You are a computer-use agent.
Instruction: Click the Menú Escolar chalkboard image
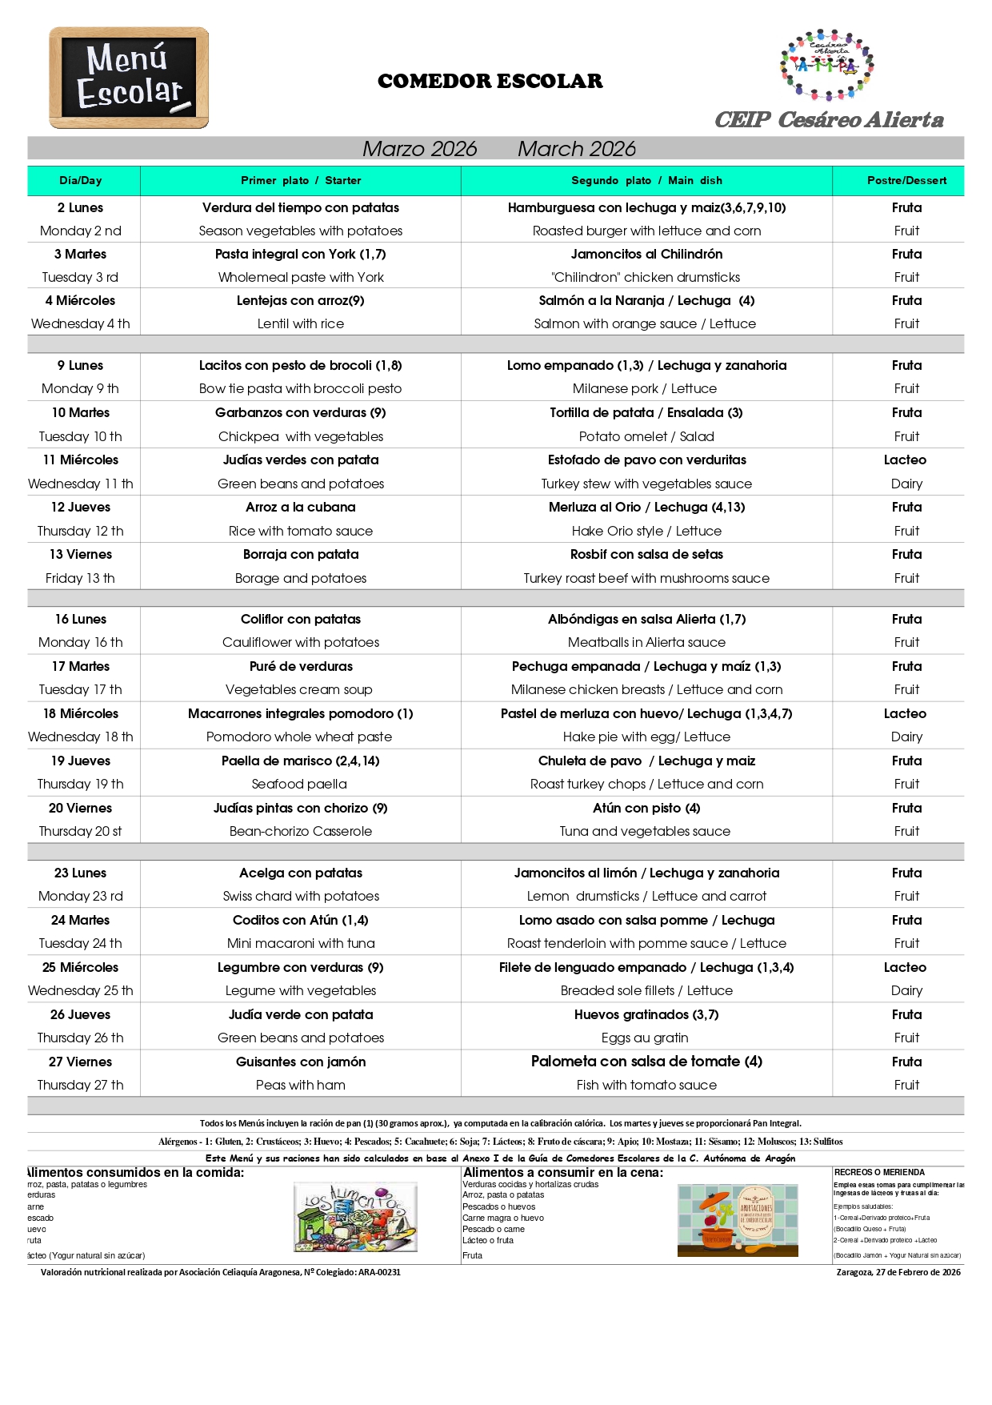coord(129,78)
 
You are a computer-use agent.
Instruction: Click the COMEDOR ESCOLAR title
coord(490,81)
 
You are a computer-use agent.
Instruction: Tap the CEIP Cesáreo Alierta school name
coord(829,120)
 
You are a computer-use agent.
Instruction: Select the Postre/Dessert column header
coord(906,181)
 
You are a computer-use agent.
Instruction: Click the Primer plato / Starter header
coord(301,181)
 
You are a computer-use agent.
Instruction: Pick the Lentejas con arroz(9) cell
coord(301,301)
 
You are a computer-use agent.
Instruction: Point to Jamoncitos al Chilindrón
coord(646,255)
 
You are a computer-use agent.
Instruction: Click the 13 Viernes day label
coord(81,555)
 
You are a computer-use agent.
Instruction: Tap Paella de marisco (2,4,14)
coord(301,761)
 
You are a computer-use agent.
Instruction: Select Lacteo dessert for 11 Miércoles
coord(905,460)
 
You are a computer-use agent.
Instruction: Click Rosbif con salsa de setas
coord(646,555)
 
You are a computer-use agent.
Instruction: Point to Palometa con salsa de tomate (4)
coord(646,1062)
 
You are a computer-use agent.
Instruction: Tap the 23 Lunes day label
coord(81,873)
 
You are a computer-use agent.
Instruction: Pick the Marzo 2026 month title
coord(419,149)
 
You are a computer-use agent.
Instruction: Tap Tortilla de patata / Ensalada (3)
coord(646,413)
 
